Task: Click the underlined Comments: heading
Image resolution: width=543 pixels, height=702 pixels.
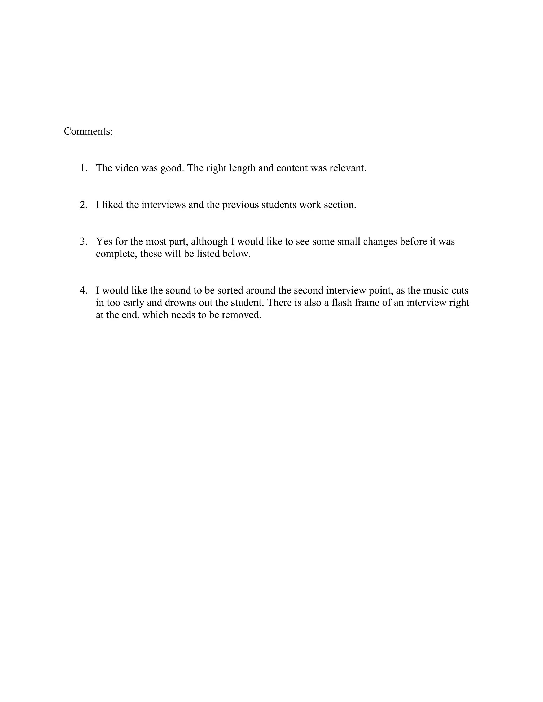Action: click(89, 131)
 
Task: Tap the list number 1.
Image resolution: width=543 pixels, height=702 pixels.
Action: click(83, 168)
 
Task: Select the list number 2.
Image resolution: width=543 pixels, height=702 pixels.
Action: click(83, 205)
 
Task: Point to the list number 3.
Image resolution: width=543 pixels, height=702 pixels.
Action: click(83, 241)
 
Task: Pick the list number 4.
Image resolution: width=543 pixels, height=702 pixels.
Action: click(83, 291)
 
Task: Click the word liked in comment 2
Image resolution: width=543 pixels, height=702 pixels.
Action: click(113, 205)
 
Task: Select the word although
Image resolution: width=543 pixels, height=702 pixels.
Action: click(209, 242)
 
